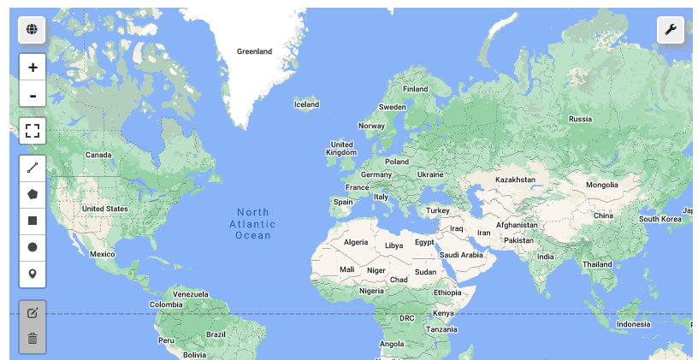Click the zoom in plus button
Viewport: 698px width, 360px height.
point(33,68)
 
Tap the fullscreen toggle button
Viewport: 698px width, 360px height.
point(33,131)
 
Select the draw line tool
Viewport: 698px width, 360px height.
point(33,168)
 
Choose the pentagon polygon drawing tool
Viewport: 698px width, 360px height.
point(33,194)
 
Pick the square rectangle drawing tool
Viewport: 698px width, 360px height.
point(33,221)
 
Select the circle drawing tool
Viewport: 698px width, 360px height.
point(33,247)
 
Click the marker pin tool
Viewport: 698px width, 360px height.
point(33,274)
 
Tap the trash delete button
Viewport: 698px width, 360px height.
point(33,339)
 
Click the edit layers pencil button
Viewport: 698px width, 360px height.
point(33,313)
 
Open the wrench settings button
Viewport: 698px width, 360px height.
point(671,30)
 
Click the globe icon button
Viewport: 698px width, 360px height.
point(32,30)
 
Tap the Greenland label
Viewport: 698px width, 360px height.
point(254,51)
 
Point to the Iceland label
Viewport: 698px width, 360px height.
point(306,104)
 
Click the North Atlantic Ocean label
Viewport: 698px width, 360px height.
point(253,223)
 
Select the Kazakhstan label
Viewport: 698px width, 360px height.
point(515,180)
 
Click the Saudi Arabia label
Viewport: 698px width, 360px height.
point(461,255)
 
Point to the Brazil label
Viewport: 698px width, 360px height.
point(216,333)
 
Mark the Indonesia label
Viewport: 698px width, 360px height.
point(633,324)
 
